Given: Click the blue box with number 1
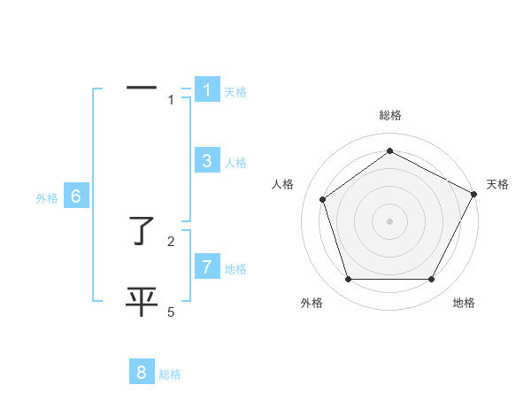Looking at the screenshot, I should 207,89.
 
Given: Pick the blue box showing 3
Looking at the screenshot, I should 207,160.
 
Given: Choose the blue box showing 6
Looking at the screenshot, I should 76,196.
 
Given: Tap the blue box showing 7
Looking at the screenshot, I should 207,266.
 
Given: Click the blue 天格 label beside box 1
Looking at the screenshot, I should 235,91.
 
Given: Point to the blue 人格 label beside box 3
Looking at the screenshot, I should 235,163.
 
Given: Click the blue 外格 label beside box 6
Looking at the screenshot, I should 47,199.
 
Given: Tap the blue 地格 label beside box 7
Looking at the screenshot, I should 235,269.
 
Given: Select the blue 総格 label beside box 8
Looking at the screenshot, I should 170,375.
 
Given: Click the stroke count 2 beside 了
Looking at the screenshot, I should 171,241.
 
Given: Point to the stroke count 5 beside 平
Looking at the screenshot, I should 171,312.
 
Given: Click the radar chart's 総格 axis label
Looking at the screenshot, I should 389,115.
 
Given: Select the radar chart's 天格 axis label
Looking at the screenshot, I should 497,184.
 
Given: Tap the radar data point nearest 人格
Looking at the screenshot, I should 322,199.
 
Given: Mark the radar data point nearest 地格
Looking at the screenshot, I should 432,280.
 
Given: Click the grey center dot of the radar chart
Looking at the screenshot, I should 389,220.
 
